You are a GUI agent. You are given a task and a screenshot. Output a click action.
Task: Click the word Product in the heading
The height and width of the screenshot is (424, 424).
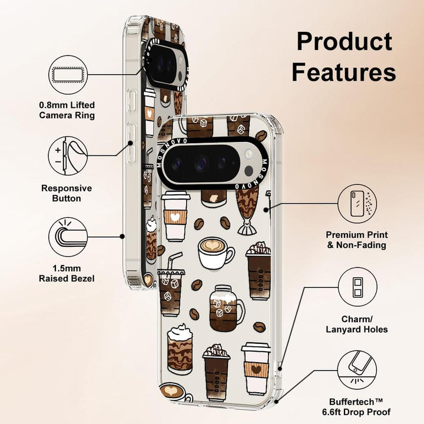(344, 41)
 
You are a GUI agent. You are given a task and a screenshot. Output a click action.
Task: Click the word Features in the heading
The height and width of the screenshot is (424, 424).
(344, 72)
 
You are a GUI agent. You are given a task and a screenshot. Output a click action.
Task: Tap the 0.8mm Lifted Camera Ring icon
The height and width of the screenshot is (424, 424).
(67, 75)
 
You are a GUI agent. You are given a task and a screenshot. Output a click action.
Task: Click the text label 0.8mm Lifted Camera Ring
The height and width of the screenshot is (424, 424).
(67, 110)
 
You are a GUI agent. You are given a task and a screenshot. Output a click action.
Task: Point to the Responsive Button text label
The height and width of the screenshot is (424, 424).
(67, 194)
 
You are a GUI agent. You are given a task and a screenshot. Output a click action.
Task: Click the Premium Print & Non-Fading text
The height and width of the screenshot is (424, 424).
(356, 240)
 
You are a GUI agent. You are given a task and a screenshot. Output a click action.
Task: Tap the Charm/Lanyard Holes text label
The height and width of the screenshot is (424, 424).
(356, 324)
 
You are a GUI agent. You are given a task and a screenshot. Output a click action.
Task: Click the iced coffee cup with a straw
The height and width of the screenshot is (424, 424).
(172, 283)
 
